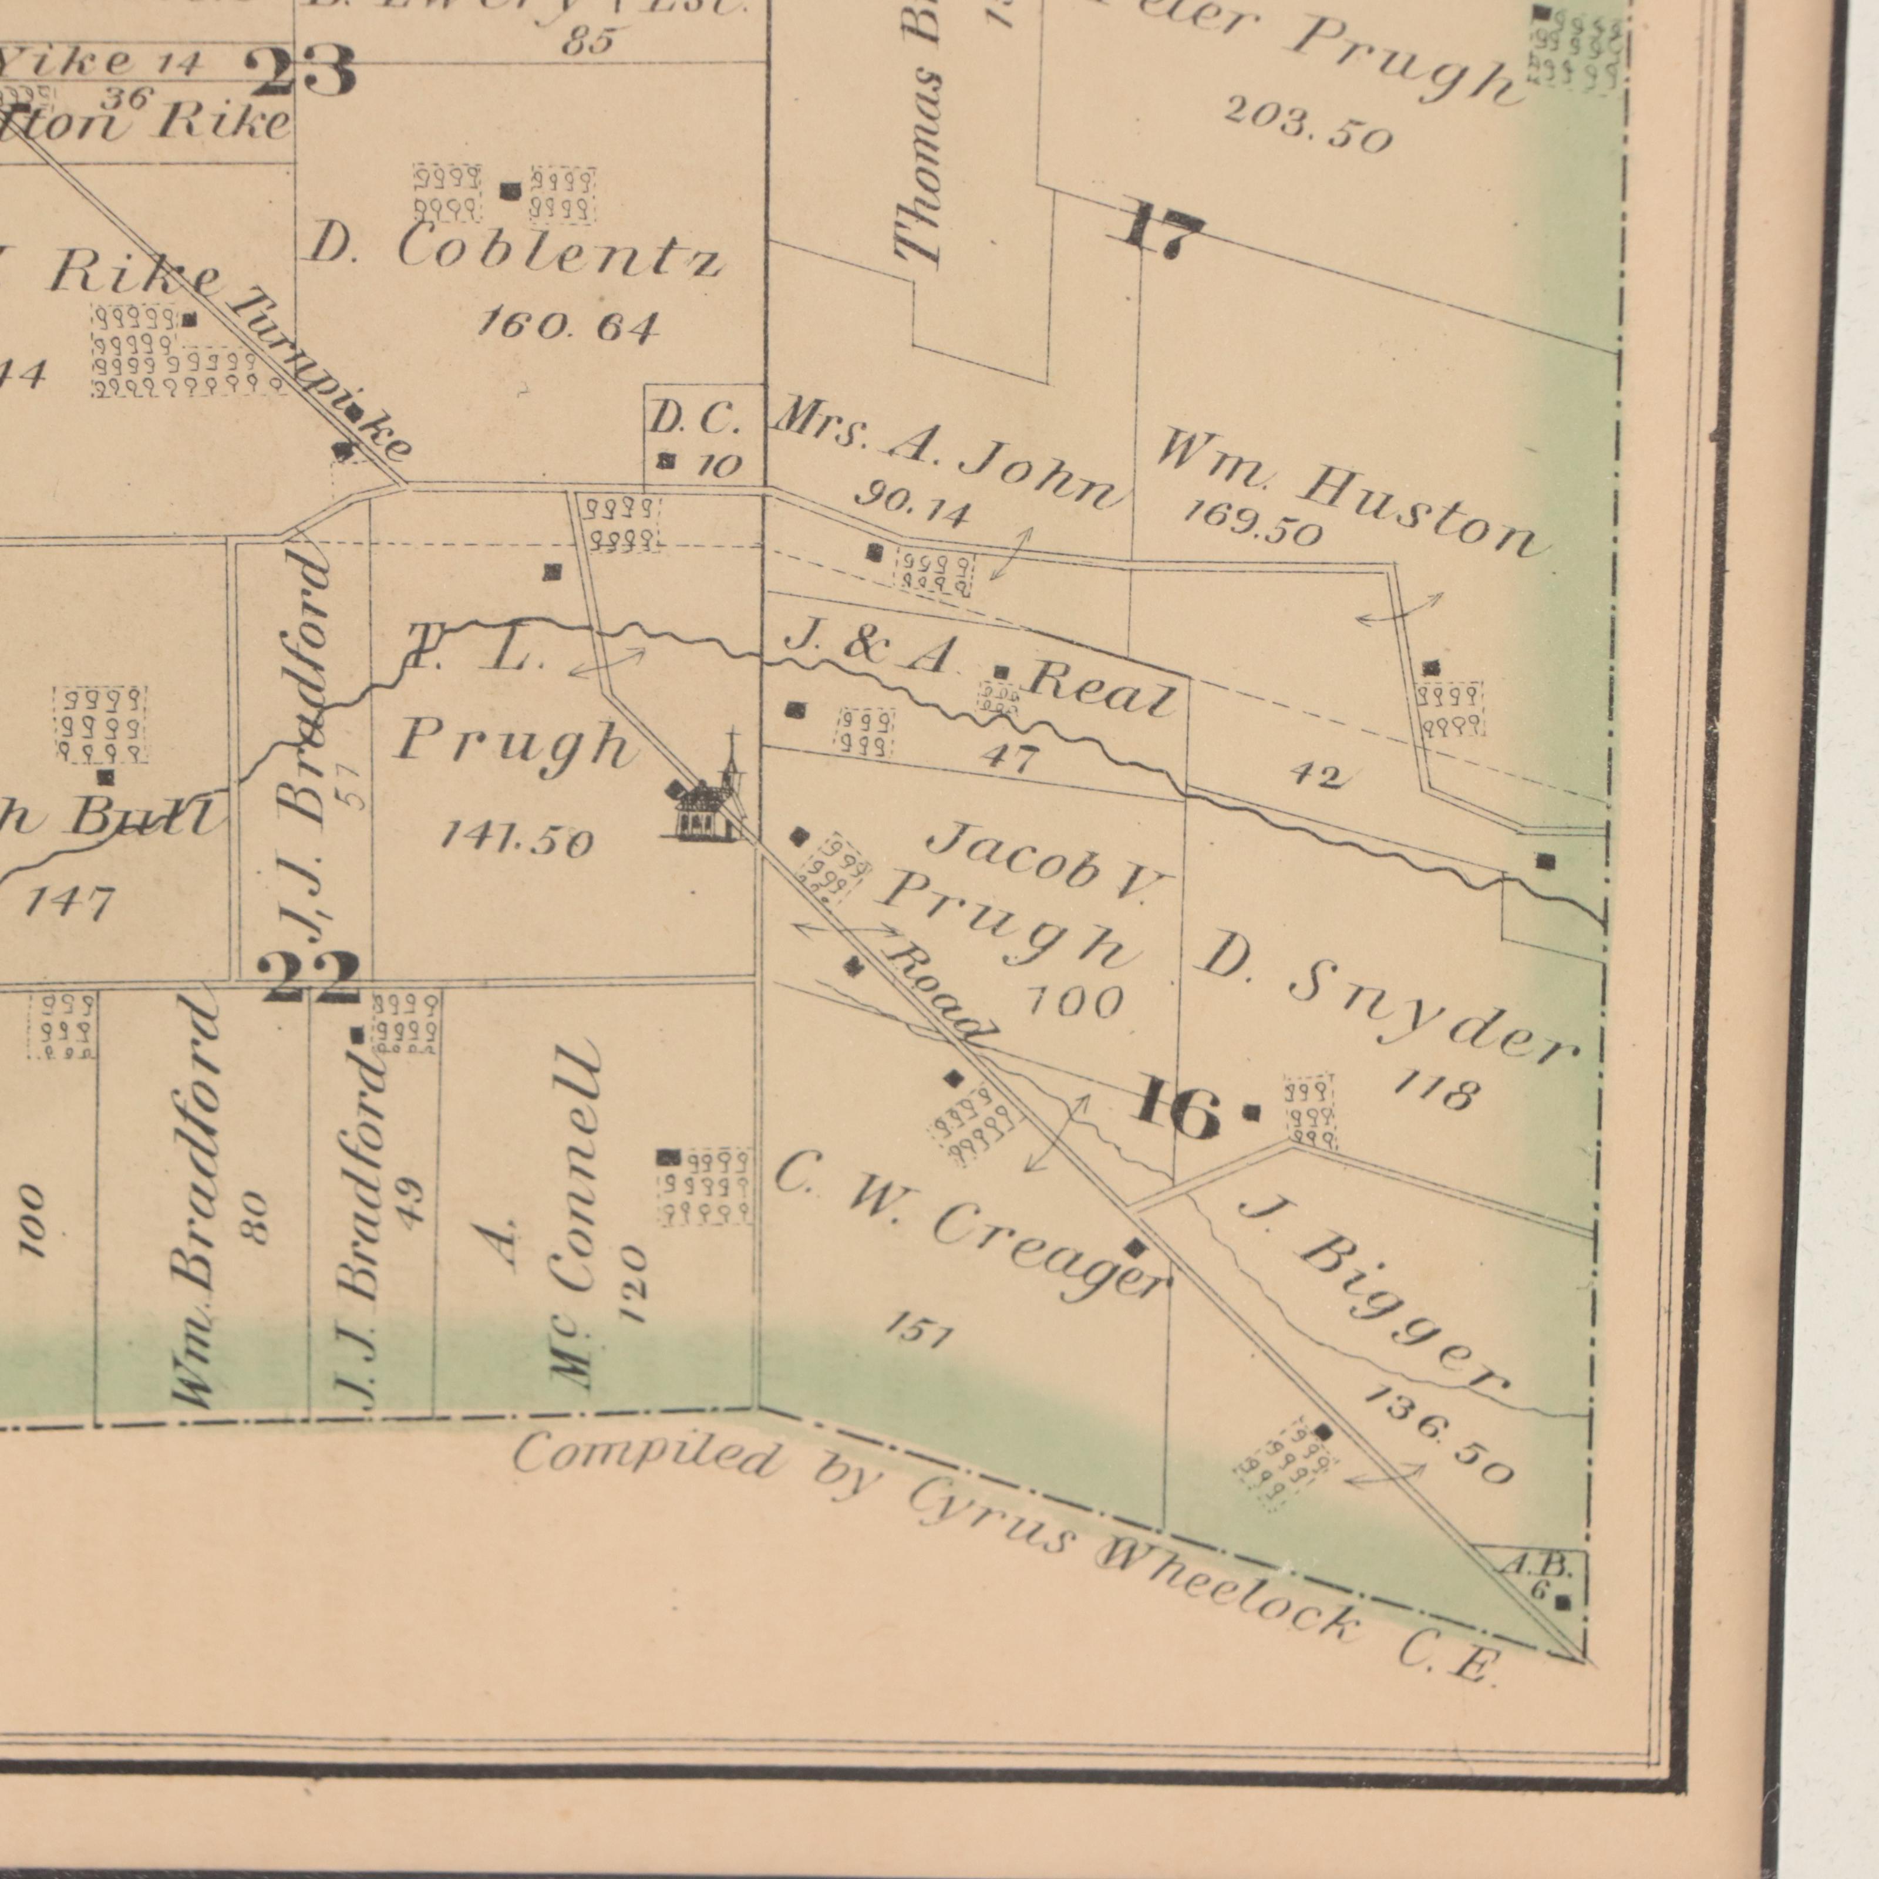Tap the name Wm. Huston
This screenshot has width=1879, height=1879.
pyautogui.click(x=1352, y=496)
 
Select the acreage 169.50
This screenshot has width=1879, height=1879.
pyautogui.click(x=1252, y=525)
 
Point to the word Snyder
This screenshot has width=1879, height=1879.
pyautogui.click(x=1434, y=1019)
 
